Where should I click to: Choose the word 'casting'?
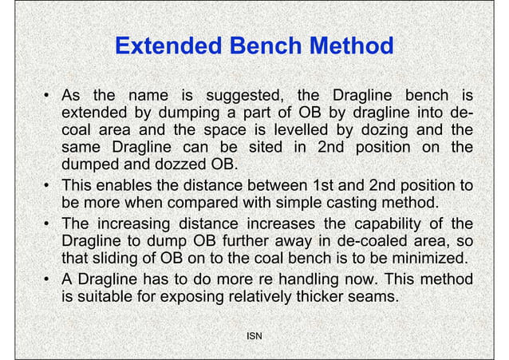pyautogui.click(x=348, y=204)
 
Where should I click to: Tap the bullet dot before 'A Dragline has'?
pyautogui.click(x=48, y=279)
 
